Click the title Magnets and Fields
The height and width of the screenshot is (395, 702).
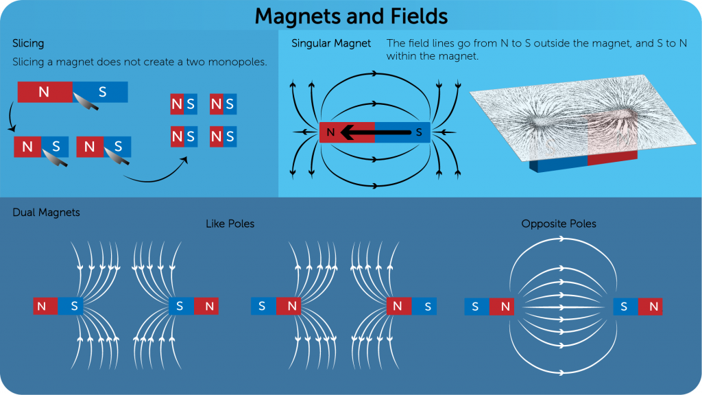352,15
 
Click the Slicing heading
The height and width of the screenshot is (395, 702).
28,43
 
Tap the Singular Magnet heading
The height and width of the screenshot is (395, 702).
331,43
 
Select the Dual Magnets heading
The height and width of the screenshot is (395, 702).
46,213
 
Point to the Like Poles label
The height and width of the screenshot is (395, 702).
230,224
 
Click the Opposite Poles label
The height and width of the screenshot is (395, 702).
559,224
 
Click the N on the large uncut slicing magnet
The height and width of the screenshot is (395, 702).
44,92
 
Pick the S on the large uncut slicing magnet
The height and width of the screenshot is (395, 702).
103,92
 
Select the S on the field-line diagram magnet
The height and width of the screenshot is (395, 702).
419,132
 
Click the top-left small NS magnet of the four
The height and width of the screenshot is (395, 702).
184,105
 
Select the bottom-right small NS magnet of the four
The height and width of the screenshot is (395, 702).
223,136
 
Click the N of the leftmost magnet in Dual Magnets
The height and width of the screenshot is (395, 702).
43,307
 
